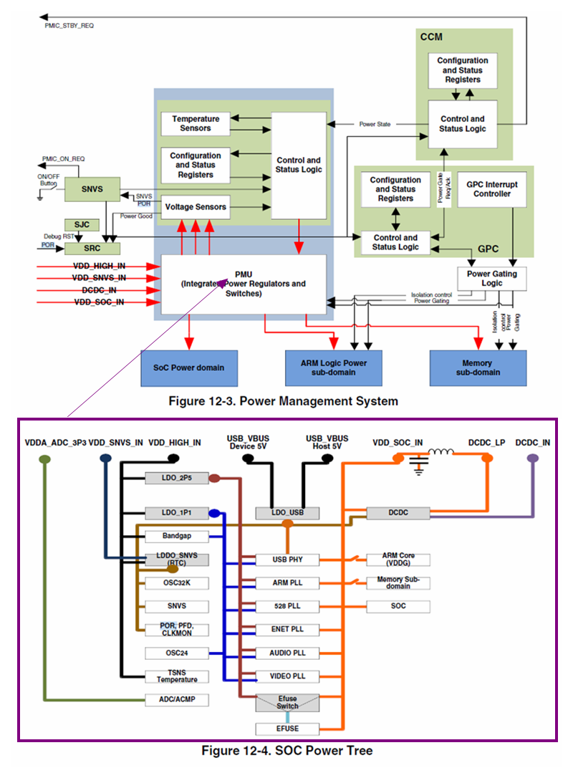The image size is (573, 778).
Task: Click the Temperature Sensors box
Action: pyautogui.click(x=196, y=123)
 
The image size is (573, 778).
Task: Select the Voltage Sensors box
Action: pyautogui.click(x=196, y=207)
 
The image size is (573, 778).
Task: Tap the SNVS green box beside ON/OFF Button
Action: pyautogui.click(x=92, y=189)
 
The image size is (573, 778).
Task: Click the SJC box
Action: pyautogui.click(x=82, y=225)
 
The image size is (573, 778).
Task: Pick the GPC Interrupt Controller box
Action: pyautogui.click(x=491, y=189)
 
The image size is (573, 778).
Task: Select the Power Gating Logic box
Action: pyautogui.click(x=491, y=279)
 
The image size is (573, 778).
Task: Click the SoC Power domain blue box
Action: pyautogui.click(x=189, y=368)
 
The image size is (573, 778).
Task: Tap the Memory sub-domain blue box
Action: pyautogui.click(x=478, y=368)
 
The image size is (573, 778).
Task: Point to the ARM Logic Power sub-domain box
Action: pyautogui.click(x=333, y=368)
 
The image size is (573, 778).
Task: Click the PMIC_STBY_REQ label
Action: pyautogui.click(x=69, y=26)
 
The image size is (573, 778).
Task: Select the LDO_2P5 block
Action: pyautogui.click(x=177, y=478)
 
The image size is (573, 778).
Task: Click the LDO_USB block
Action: pyautogui.click(x=287, y=512)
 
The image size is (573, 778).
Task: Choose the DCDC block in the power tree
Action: pyautogui.click(x=398, y=512)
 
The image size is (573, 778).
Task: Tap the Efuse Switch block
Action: pyautogui.click(x=287, y=703)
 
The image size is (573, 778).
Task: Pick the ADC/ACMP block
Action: pyautogui.click(x=177, y=700)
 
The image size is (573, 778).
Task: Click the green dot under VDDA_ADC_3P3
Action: pyautogui.click(x=44, y=459)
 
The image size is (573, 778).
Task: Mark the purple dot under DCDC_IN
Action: pyautogui.click(x=532, y=458)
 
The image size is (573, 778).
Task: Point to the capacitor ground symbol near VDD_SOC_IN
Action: pyautogui.click(x=419, y=466)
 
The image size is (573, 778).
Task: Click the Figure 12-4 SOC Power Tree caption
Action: pyautogui.click(x=286, y=751)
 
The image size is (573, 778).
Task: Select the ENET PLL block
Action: pyautogui.click(x=287, y=629)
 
